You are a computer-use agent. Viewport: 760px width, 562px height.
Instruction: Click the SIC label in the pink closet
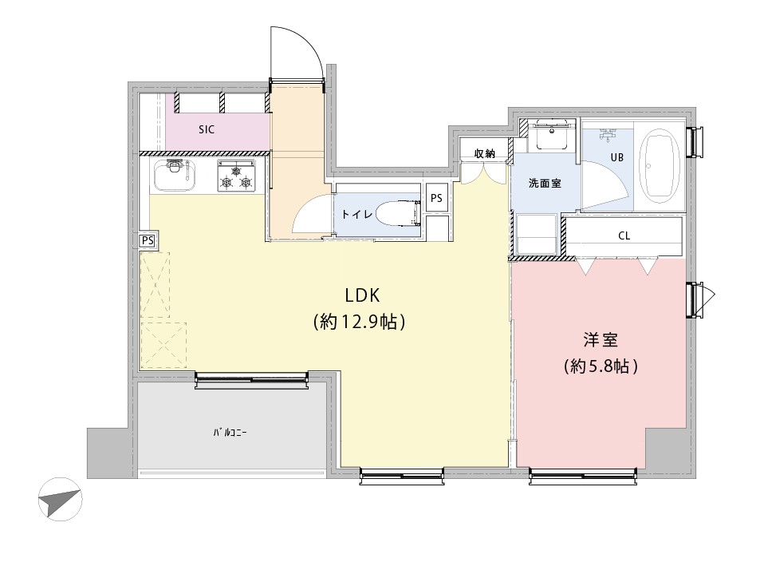pyautogui.click(x=207, y=129)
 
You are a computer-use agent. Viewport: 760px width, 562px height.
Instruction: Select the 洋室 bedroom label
pyautogui.click(x=601, y=340)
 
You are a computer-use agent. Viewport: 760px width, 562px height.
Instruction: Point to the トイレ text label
pyautogui.click(x=357, y=214)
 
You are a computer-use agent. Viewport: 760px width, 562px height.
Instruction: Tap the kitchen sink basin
pyautogui.click(x=175, y=176)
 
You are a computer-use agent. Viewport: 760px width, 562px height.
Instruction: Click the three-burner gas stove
pyautogui.click(x=236, y=176)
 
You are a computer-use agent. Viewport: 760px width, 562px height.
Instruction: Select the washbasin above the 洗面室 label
pyautogui.click(x=552, y=133)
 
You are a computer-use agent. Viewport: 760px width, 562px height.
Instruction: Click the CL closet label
pyautogui.click(x=624, y=235)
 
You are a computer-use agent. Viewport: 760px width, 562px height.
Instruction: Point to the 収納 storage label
pyautogui.click(x=484, y=154)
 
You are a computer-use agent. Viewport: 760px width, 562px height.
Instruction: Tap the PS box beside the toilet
pyautogui.click(x=436, y=198)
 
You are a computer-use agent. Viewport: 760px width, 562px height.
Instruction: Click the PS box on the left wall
pyautogui.click(x=148, y=241)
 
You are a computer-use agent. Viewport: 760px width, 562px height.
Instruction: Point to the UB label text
pyautogui.click(x=617, y=157)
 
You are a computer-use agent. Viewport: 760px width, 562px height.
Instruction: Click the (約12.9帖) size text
pyautogui.click(x=359, y=321)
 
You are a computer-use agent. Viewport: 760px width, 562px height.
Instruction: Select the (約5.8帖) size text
pyautogui.click(x=601, y=366)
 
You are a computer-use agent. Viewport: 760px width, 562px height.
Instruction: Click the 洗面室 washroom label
pyautogui.click(x=545, y=184)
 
